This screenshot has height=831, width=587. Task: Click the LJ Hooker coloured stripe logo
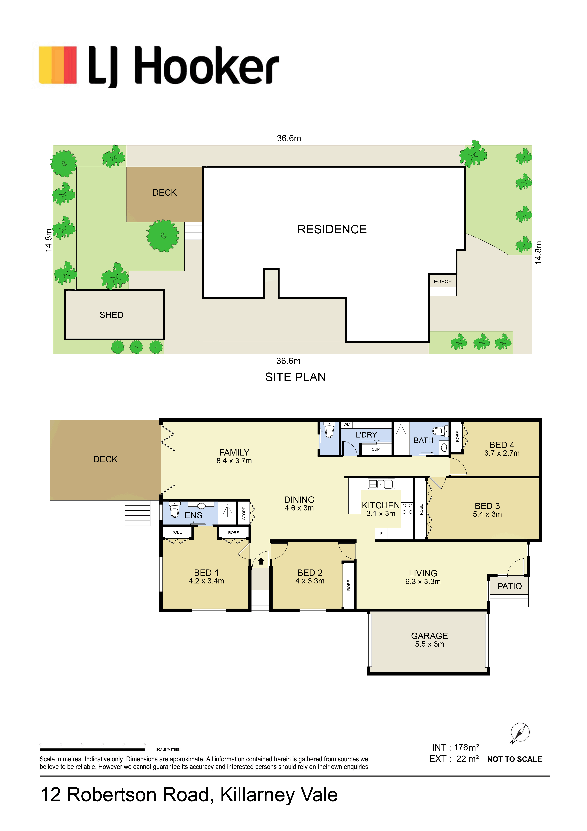tap(58, 65)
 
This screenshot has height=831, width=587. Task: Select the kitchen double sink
tap(381, 484)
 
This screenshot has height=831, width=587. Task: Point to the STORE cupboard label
tap(244, 513)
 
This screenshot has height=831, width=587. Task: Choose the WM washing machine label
tap(347, 425)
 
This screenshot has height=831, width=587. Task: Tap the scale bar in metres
tap(93, 749)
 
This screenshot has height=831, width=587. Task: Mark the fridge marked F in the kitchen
tap(381, 533)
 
